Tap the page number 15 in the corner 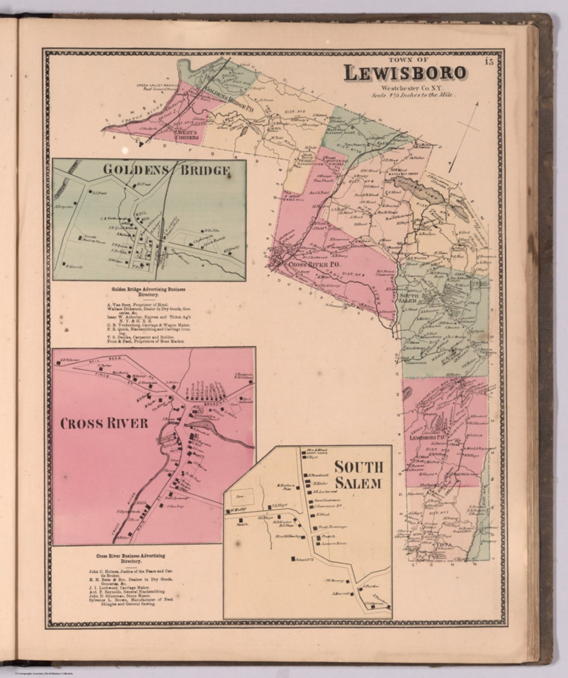(488, 62)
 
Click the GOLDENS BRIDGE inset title (166, 170)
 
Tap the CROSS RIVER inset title (104, 423)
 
